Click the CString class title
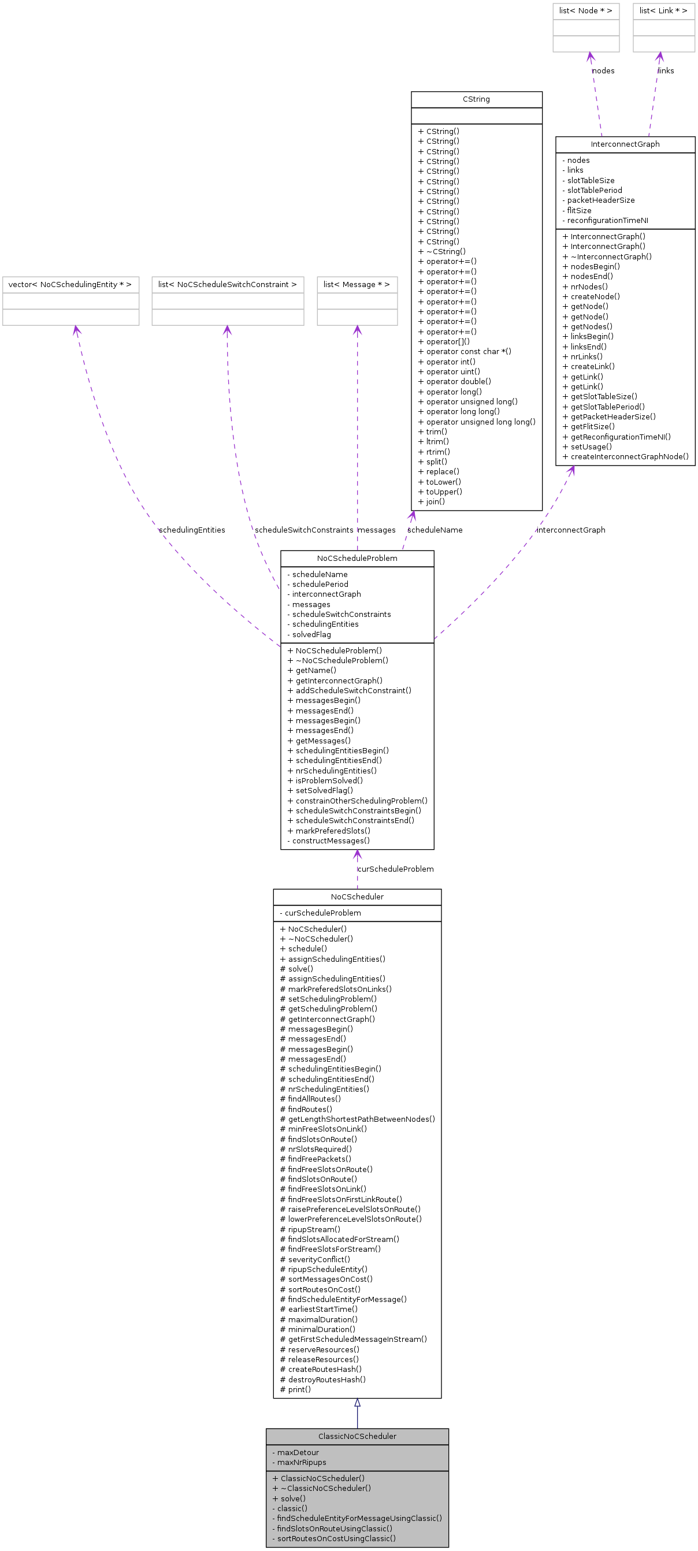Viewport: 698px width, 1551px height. tap(476, 99)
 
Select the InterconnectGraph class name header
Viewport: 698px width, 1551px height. tap(625, 144)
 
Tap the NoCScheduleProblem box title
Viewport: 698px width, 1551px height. tap(357, 558)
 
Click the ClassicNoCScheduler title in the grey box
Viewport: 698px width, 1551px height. tap(357, 1436)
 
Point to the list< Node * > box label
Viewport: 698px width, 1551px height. tap(585, 11)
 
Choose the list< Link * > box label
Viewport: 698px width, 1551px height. tap(663, 11)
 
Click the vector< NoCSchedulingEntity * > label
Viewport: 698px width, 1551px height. tap(70, 284)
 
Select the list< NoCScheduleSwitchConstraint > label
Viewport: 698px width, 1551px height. tap(227, 284)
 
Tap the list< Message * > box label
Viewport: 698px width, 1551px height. tap(357, 284)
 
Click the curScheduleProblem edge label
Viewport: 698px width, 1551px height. tap(395, 869)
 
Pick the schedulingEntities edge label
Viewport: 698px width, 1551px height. tap(191, 530)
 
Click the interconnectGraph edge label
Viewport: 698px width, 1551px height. tap(570, 530)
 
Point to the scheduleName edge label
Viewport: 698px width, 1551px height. tap(435, 530)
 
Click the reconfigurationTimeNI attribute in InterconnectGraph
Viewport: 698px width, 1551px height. tap(607, 220)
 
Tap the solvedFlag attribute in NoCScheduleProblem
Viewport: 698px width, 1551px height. tap(311, 634)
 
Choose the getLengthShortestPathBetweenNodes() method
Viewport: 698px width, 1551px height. tap(361, 1119)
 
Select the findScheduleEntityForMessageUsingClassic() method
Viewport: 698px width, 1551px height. tap(359, 1518)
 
